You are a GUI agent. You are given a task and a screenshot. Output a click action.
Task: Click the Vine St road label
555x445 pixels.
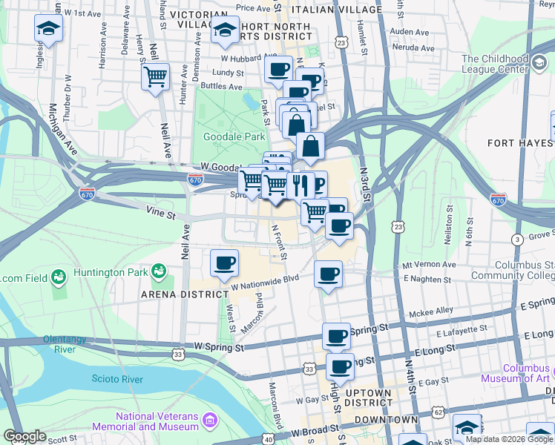(x=160, y=215)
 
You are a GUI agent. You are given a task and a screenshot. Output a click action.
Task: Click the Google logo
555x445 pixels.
(x=24, y=437)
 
